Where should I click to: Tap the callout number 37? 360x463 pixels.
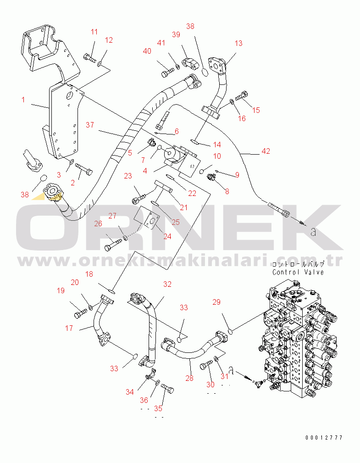point(90,125)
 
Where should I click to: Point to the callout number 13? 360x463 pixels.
point(238,44)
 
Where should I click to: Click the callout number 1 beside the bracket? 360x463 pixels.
point(23,99)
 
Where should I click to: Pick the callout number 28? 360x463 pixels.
point(189,378)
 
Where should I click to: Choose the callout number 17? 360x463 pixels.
point(69,328)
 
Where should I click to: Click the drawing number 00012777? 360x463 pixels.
point(324,438)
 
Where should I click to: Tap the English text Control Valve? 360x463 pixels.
point(298,272)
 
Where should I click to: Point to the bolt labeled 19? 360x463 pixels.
point(80,313)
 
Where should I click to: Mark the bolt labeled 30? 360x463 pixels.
point(206,366)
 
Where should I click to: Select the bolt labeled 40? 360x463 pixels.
point(167,72)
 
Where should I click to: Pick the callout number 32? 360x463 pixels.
point(167,284)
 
